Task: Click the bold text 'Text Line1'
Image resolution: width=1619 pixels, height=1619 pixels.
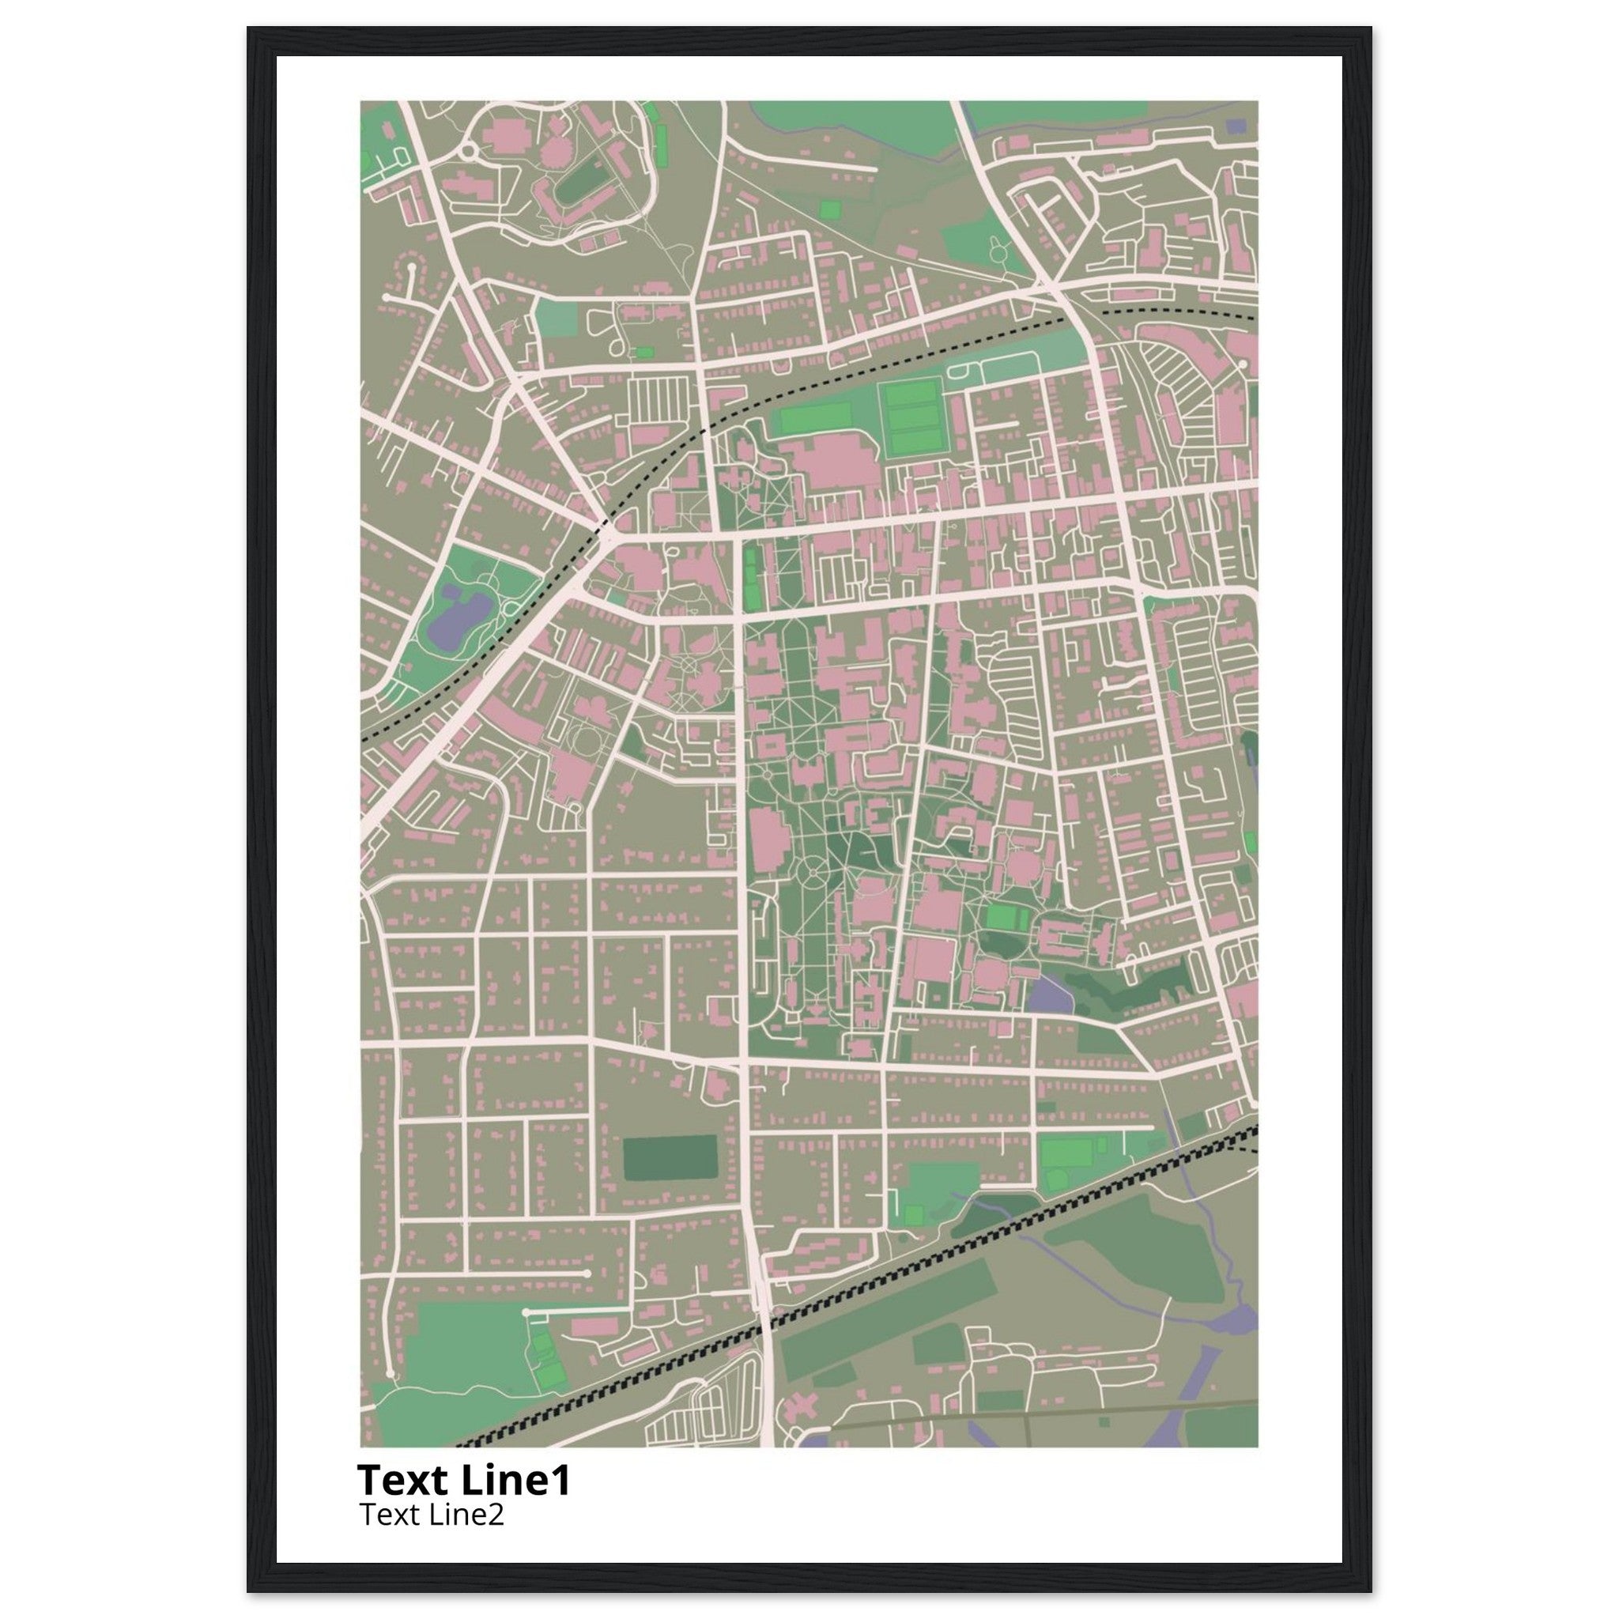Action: (463, 1479)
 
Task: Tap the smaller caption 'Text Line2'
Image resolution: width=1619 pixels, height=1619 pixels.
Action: (432, 1514)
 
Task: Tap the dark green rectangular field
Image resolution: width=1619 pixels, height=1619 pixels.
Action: (670, 1157)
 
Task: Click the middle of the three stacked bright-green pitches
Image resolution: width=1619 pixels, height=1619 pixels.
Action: (912, 417)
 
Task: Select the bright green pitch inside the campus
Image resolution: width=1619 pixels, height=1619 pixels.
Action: (1006, 918)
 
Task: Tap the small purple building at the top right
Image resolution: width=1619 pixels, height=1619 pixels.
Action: (1236, 126)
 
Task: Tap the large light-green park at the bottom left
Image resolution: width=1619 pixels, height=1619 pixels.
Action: (461, 1341)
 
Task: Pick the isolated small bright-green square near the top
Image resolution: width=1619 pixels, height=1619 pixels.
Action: (828, 209)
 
